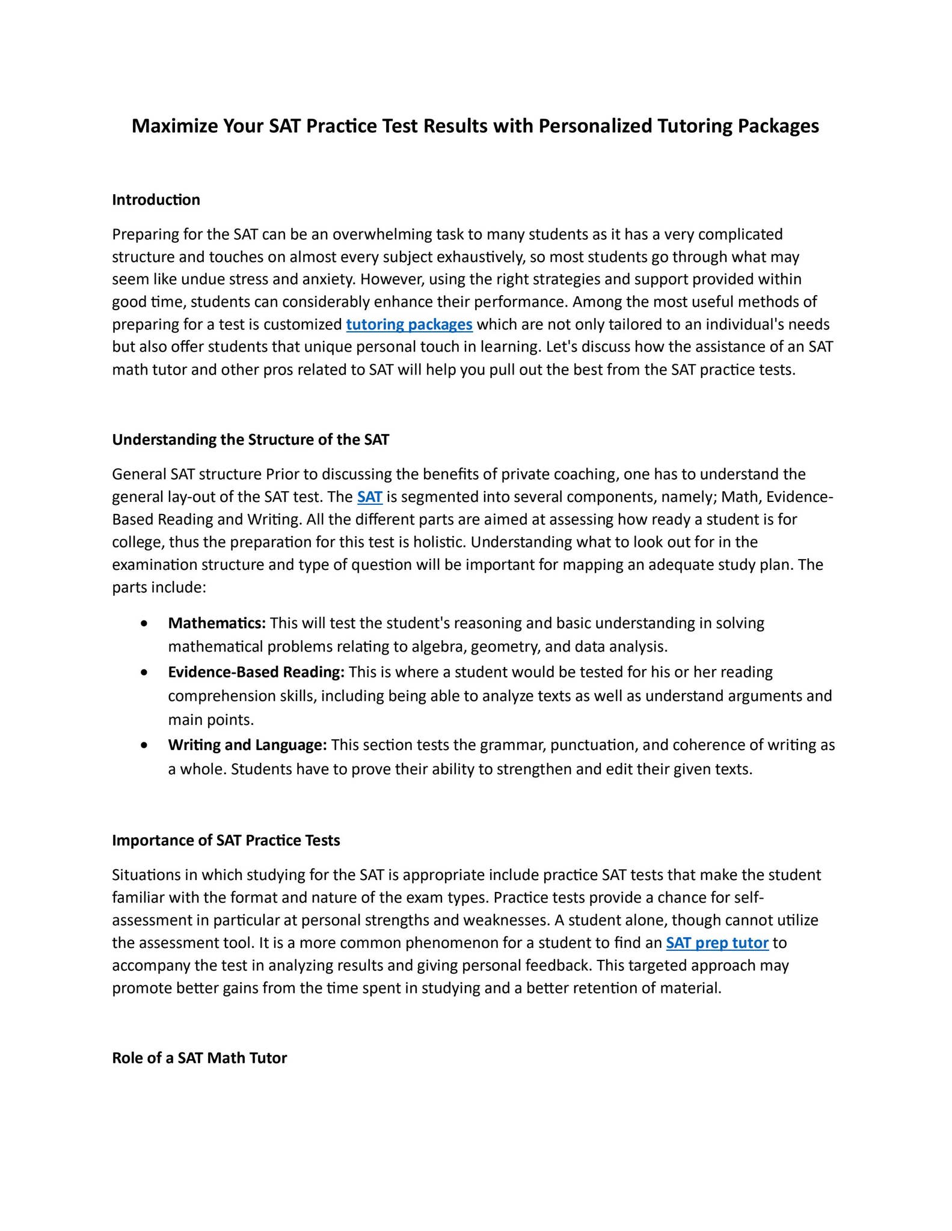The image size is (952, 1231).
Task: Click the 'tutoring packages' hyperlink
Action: click(x=409, y=325)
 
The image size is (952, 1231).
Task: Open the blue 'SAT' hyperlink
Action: click(x=370, y=497)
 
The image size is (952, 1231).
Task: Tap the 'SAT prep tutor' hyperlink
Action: click(x=717, y=943)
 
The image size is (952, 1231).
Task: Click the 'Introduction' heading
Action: click(x=156, y=200)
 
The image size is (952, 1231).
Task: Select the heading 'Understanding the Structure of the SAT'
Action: click(x=250, y=439)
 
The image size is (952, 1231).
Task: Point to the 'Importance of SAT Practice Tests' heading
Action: click(x=226, y=840)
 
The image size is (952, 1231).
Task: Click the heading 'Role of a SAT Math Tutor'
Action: click(x=199, y=1058)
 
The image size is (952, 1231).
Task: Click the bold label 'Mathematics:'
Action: click(x=217, y=623)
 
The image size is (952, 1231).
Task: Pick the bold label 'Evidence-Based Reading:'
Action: click(x=256, y=671)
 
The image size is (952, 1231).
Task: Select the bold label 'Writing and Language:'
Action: click(x=247, y=745)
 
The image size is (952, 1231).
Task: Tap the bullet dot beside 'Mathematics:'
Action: click(x=143, y=624)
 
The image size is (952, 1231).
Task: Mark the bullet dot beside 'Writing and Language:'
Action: click(x=143, y=745)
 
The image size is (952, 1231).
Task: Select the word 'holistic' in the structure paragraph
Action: click(x=438, y=542)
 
